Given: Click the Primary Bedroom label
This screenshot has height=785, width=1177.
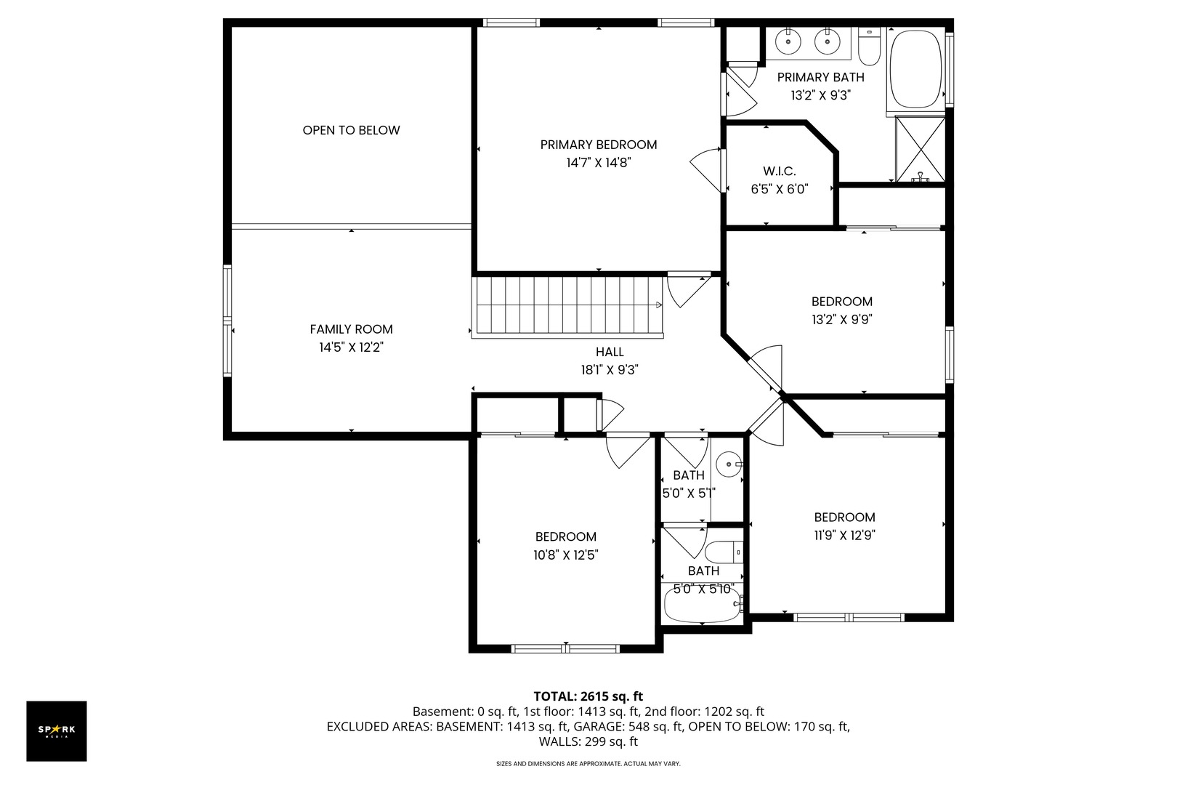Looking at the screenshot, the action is coord(599,145).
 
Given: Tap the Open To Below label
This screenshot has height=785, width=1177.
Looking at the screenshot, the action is coord(351,130).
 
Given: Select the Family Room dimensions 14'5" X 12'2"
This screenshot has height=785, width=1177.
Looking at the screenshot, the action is coord(352,347).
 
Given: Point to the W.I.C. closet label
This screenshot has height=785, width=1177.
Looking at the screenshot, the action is coord(780,171).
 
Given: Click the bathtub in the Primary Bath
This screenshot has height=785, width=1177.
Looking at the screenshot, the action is coord(916,69).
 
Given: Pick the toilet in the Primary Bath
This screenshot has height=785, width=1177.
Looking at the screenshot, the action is coord(869,47).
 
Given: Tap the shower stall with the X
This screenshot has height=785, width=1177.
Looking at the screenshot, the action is coord(920,150).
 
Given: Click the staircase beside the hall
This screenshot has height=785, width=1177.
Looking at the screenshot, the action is coord(567,305).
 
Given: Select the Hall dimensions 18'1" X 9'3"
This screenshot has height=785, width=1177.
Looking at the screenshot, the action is coord(610,370).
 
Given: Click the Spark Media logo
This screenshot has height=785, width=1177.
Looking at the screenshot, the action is coord(57,730).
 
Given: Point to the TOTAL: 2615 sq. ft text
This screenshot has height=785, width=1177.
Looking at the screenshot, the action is coord(588,696).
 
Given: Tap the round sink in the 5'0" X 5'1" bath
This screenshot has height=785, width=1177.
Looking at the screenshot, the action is coord(729,464).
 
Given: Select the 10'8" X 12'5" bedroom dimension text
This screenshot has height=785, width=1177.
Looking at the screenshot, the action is coord(566,555).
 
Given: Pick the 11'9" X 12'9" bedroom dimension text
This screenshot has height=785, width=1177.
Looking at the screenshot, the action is coord(844,535).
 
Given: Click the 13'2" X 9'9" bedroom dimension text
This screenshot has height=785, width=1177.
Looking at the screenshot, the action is coord(842,320).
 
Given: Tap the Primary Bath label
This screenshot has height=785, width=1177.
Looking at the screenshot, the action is coord(820,77).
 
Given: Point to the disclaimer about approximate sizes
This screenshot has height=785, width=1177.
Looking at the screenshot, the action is coord(588,763).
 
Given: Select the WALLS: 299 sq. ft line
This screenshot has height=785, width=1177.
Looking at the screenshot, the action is coord(588,742).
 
